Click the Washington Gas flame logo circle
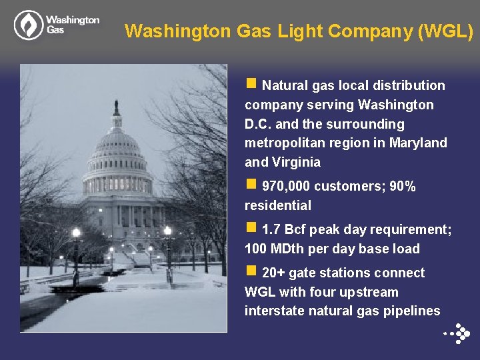pos(28,25)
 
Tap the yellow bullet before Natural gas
pos(251,84)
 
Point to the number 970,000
pos(286,187)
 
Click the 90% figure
pos(403,187)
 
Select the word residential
pos(277,205)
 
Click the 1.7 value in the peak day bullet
pos(271,230)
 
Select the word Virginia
pos(296,162)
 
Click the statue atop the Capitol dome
pos(116,106)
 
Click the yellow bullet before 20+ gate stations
pos(251,271)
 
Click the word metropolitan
pos(283,143)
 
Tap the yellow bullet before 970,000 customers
pos(251,185)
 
